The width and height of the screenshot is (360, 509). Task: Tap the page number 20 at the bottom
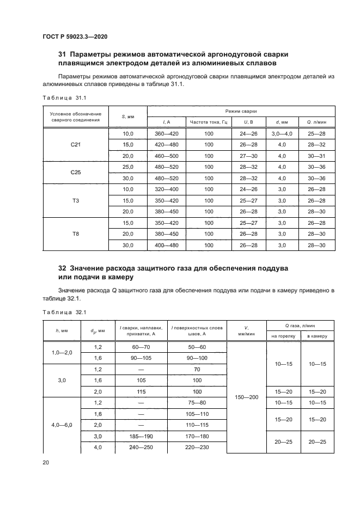click(46, 462)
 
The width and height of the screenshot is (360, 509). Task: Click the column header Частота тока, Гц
click(209, 122)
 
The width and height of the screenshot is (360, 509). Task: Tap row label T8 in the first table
click(76, 234)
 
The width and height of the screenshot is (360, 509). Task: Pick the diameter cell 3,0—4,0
click(282, 133)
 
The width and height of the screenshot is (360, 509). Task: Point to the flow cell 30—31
click(316, 156)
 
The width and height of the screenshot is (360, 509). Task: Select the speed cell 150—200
click(246, 397)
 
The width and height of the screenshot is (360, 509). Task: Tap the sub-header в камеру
click(316, 336)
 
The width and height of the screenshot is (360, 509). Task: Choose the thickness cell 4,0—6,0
click(61, 425)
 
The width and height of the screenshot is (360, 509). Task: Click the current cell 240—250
click(141, 447)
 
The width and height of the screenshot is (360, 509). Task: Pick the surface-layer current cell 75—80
click(197, 403)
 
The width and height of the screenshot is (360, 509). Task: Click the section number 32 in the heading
click(62, 269)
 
